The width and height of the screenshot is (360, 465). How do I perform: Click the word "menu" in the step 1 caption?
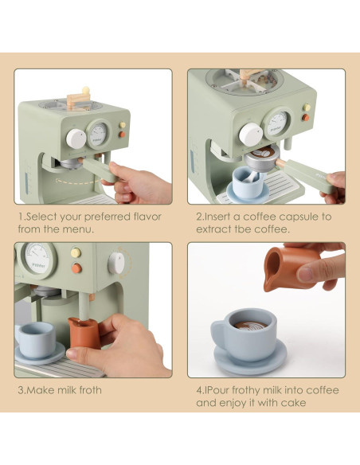[80, 229]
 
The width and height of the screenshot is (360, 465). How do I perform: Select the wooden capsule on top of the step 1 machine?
[78, 99]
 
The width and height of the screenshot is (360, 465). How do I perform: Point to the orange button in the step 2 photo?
[305, 118]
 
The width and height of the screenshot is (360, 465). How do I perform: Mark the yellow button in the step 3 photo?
[76, 253]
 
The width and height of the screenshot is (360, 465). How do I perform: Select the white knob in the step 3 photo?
[118, 261]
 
